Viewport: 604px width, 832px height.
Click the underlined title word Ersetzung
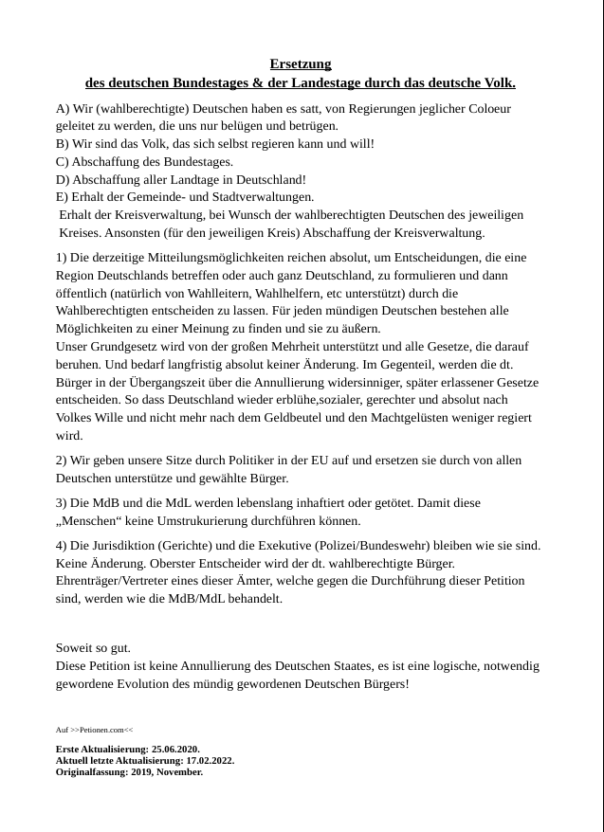tap(301, 64)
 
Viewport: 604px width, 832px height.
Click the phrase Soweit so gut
tap(93, 648)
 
